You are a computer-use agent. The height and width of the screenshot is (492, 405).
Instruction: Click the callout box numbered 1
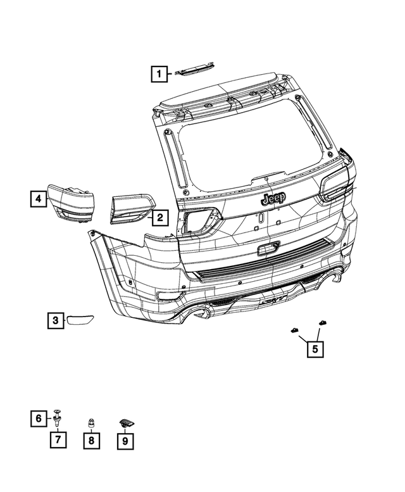point(159,75)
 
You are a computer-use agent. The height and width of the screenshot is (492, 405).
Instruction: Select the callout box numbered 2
point(159,218)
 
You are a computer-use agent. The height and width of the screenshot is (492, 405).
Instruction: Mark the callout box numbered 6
point(39,419)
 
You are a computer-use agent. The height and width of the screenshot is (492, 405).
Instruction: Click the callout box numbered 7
point(58,439)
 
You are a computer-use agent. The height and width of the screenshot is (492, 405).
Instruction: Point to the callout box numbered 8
point(92,439)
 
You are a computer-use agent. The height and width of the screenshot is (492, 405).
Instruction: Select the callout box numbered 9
point(126,439)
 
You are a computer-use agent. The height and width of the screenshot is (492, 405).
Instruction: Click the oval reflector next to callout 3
point(80,320)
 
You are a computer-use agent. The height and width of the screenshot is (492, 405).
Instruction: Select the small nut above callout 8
point(91,422)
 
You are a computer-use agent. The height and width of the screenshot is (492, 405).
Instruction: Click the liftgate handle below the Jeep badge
point(268,247)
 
